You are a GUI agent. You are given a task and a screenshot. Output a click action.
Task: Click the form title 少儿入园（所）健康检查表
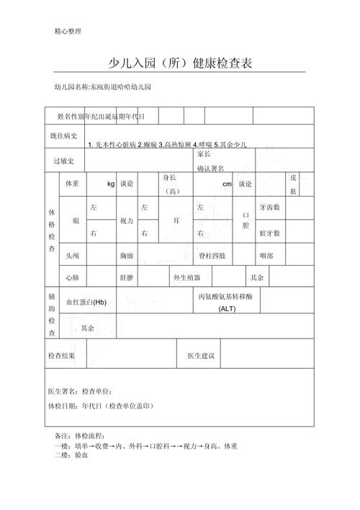point(180,63)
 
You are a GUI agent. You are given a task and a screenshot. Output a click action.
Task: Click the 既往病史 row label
point(63,135)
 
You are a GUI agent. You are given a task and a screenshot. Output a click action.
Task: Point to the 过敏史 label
point(63,161)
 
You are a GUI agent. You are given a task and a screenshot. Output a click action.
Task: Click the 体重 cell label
point(72,184)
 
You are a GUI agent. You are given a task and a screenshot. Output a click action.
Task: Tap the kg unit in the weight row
point(111,184)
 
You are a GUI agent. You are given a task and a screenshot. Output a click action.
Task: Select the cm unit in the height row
point(227,184)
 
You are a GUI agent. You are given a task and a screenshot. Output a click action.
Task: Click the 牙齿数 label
point(270,207)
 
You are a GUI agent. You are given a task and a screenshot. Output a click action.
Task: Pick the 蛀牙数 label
point(270,233)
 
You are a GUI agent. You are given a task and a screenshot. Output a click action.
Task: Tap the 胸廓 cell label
point(127,256)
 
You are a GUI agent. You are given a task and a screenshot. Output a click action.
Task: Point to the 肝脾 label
point(126,277)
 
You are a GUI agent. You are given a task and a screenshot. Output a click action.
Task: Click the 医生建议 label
point(201,356)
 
